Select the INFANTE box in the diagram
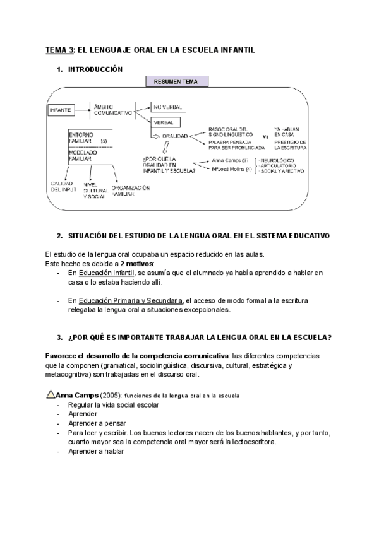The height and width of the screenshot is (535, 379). click(61, 110)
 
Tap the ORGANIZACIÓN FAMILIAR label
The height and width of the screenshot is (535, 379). click(131, 191)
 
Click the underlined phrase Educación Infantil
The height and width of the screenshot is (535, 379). click(105, 273)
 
